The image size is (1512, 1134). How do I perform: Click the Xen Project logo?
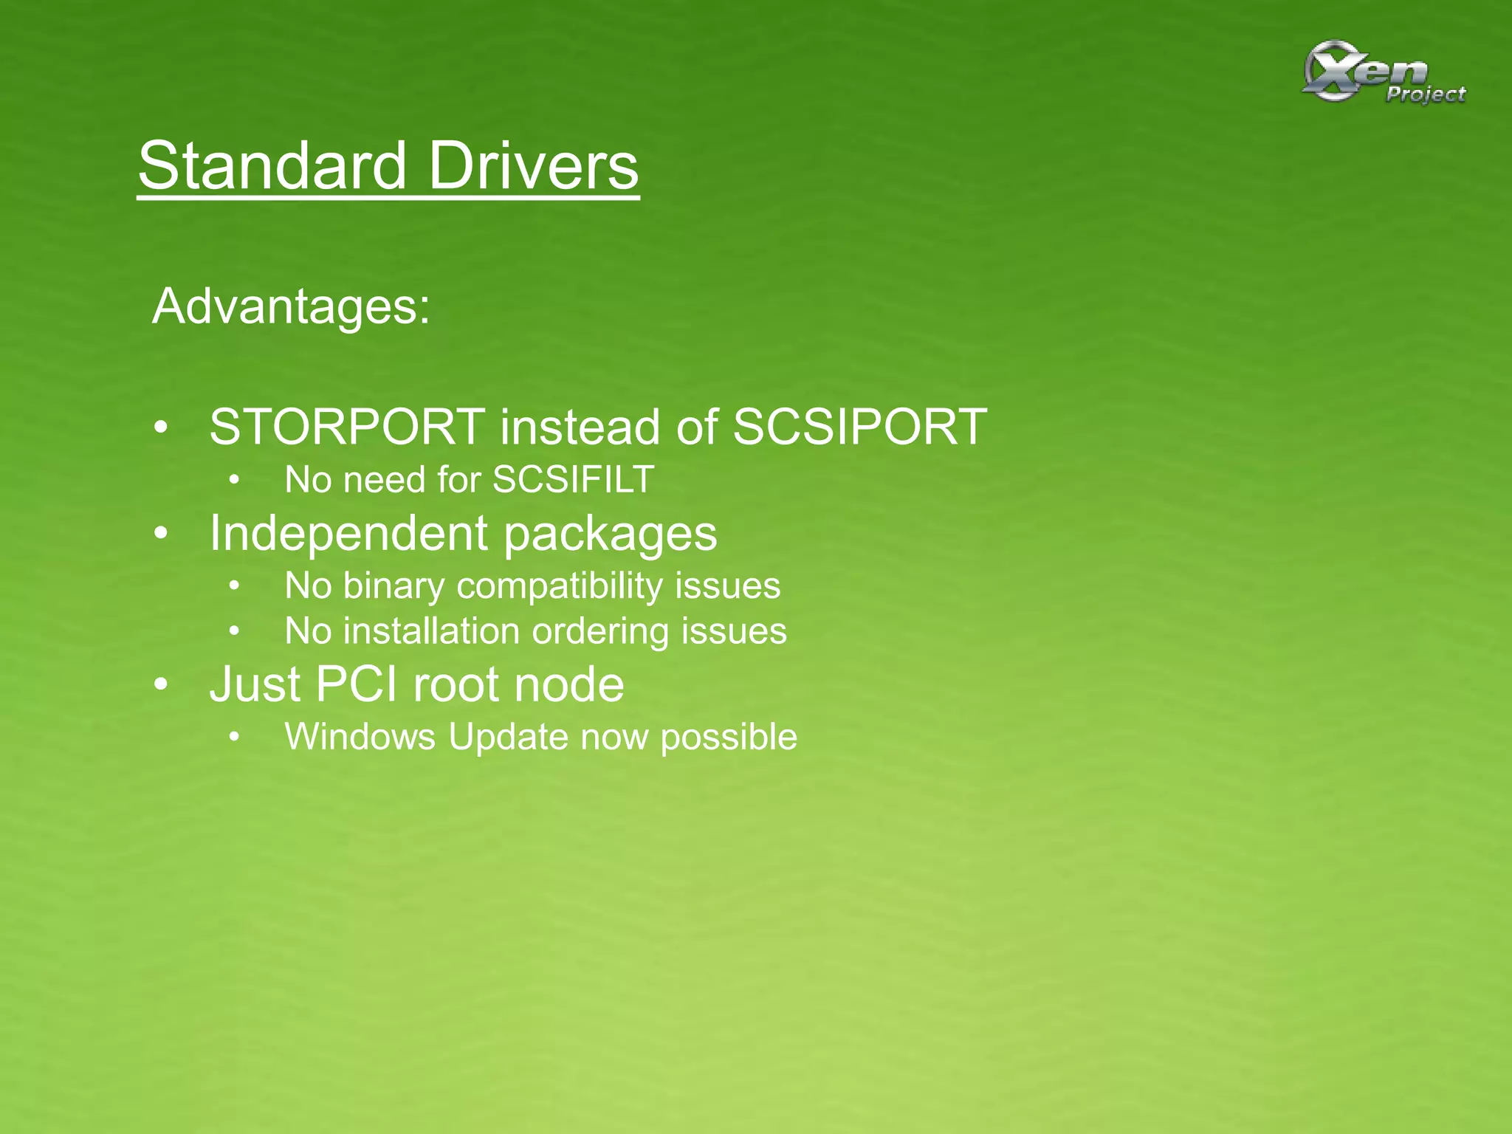[x=1382, y=74]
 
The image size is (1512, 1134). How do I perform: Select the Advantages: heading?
[x=291, y=306]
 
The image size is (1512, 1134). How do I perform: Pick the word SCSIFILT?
[x=573, y=480]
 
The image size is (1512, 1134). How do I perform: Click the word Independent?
[x=348, y=533]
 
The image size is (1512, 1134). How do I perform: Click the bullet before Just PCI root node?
[x=162, y=684]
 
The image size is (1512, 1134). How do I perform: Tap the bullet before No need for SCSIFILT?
[x=234, y=481]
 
